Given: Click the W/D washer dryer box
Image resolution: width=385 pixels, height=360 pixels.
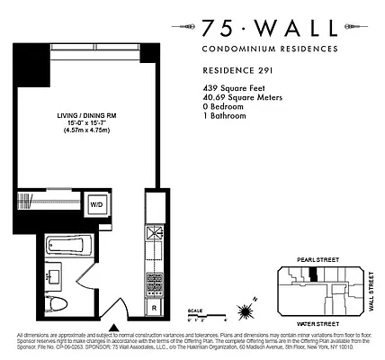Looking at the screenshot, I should [x=120, y=202].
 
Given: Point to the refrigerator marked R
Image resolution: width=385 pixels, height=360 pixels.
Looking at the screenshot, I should [x=155, y=307].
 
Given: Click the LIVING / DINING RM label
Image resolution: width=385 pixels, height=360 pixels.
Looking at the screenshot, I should [x=86, y=115].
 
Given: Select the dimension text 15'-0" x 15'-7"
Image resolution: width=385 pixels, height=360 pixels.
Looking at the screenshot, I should [x=86, y=123].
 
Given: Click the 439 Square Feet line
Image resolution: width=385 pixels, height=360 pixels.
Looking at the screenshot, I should [x=230, y=89].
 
